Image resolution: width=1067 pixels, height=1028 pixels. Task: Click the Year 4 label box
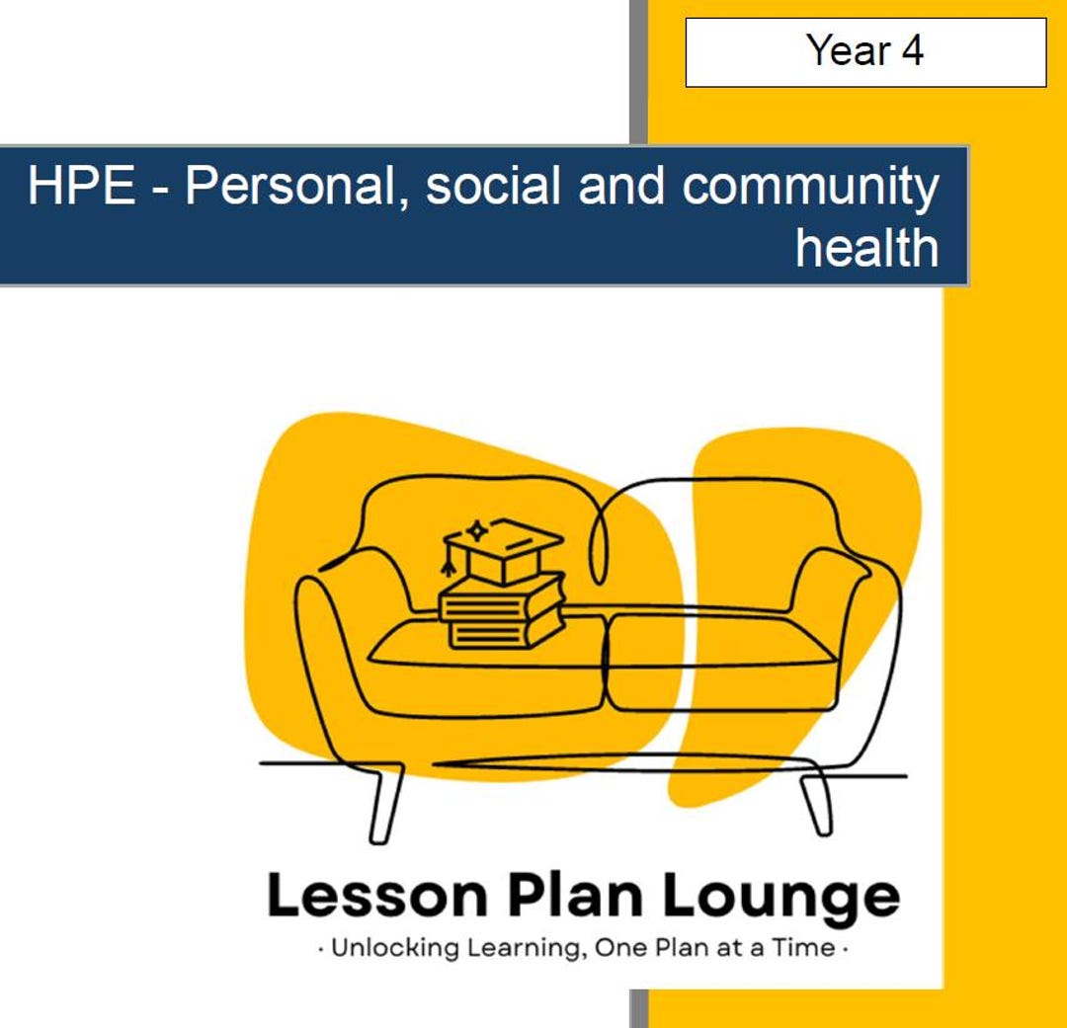point(865,51)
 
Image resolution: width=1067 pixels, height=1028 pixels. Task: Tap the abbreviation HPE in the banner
point(81,187)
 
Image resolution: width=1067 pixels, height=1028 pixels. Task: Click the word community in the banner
point(810,187)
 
